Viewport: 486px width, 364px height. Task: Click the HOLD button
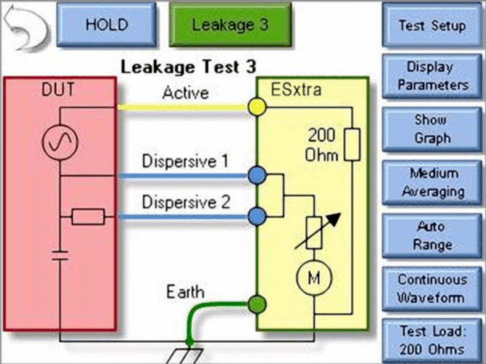click(107, 23)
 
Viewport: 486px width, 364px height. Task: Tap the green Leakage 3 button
click(230, 23)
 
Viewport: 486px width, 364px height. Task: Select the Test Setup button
click(431, 25)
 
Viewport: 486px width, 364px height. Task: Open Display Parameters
click(431, 76)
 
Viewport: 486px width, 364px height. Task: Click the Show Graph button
click(431, 128)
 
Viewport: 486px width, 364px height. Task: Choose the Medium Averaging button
click(431, 182)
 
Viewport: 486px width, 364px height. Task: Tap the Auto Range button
click(431, 235)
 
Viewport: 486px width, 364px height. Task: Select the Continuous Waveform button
click(431, 288)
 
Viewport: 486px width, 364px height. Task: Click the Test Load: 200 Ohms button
click(431, 339)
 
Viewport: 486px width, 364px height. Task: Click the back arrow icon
click(26, 25)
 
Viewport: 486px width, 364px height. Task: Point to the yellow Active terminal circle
click(256, 107)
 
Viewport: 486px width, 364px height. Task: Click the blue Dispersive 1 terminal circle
click(256, 175)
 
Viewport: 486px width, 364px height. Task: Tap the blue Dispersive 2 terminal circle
click(256, 215)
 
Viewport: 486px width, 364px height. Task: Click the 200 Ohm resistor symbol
click(352, 144)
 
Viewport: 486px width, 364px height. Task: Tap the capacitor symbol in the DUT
click(60, 256)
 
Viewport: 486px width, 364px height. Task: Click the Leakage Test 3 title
click(189, 67)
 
